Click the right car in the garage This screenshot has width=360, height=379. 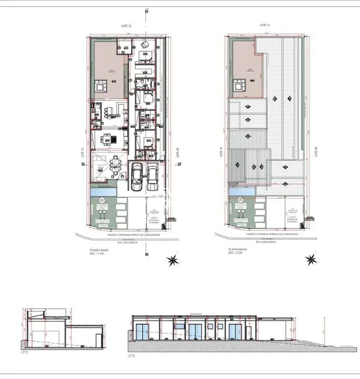coord(153,176)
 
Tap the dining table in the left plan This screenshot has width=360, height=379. coord(107,139)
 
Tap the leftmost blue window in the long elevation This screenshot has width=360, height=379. coord(142,333)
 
